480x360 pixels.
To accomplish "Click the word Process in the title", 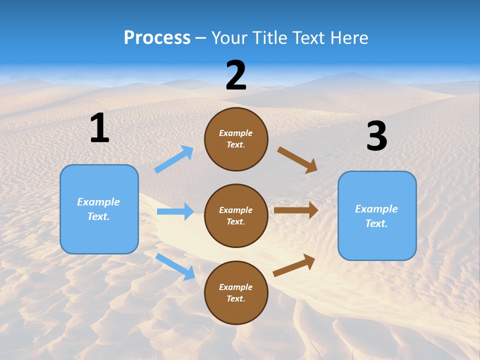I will point(157,38).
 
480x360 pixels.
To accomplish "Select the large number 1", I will point(99,128).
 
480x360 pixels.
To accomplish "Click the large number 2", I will point(236,75).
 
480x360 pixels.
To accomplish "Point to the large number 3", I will point(376,136).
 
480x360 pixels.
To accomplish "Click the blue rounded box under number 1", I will point(99,209).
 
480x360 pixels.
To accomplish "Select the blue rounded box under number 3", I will point(377,216).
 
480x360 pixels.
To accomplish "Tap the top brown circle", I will point(236,139).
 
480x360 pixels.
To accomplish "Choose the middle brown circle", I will point(236,215).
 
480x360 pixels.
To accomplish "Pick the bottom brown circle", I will point(236,292).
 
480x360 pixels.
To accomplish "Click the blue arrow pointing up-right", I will point(174,159).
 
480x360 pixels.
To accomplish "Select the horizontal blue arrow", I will point(175,211).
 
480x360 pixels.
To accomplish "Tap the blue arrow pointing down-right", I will point(175,266).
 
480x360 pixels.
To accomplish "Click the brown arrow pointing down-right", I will point(297,160).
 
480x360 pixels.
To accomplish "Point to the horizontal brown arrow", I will point(296,210).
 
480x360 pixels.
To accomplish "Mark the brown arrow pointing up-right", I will point(294,265).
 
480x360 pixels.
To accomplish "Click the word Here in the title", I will point(348,38).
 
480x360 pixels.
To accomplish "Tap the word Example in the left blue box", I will point(98,202).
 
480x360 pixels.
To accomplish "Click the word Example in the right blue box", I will point(376,209).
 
